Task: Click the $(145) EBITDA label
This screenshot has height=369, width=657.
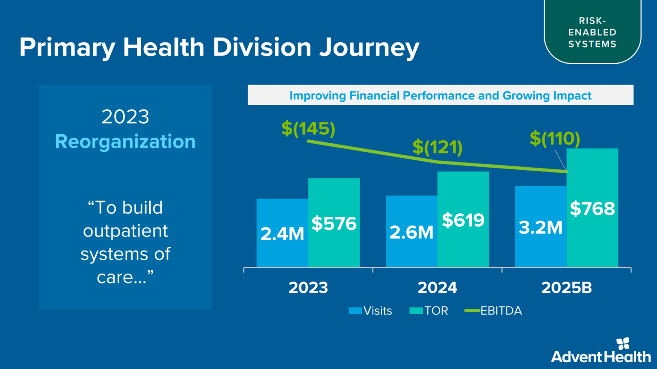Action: (308, 129)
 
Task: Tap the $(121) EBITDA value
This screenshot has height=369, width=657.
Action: (437, 147)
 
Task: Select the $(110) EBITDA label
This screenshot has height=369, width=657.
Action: (555, 139)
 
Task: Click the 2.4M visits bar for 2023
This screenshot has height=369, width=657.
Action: (282, 233)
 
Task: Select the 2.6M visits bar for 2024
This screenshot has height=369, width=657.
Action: (411, 232)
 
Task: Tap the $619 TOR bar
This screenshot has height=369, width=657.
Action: (463, 219)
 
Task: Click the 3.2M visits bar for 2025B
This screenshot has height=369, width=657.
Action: (541, 227)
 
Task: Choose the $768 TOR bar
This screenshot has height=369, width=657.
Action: (592, 208)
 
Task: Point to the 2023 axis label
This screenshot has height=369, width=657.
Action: (308, 288)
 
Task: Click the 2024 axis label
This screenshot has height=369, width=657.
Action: (437, 288)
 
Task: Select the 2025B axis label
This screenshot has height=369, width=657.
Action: (566, 288)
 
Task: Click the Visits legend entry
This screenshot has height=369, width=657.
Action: (370, 311)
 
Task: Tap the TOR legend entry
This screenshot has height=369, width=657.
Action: (429, 311)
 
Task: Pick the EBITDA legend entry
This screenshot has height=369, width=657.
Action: (494, 311)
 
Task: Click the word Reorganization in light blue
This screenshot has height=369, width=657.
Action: (125, 142)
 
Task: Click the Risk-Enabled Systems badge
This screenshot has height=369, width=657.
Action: (592, 32)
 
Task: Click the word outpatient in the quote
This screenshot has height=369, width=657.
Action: (125, 231)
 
